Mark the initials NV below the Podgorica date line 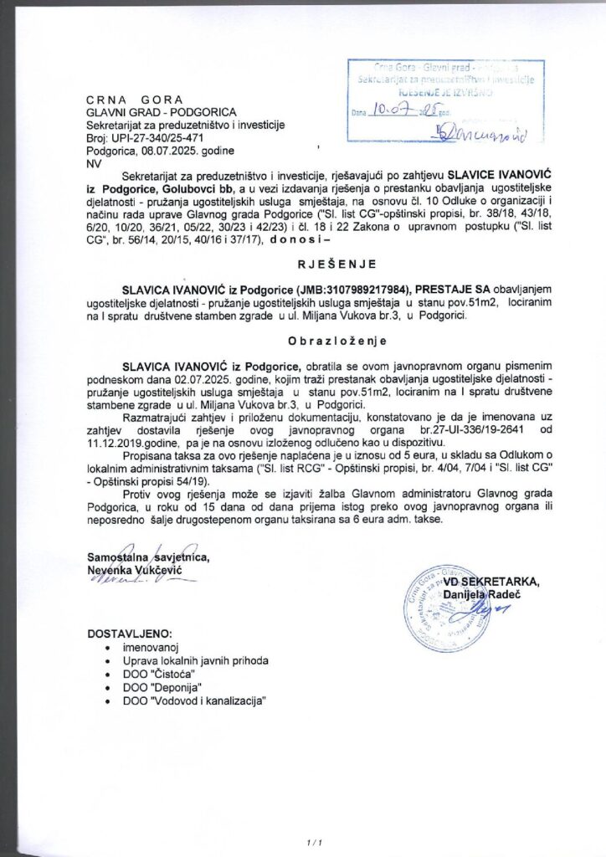coord(93,164)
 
